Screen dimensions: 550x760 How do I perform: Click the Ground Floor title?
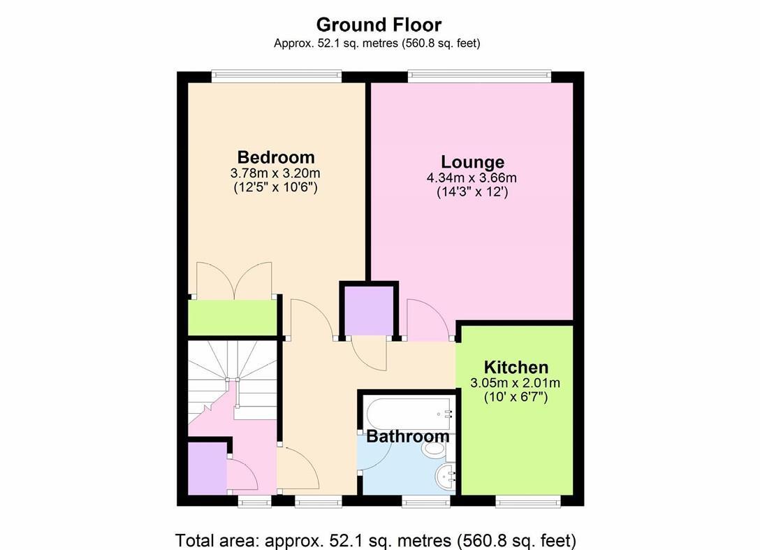click(379, 24)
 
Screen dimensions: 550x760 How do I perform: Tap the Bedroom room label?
click(275, 157)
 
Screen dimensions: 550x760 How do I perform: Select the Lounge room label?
click(472, 162)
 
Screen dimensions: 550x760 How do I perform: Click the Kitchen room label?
click(516, 367)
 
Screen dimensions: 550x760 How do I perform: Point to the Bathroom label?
click(408, 437)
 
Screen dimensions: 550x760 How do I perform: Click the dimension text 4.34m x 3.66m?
click(472, 178)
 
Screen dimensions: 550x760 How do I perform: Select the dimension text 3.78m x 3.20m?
click(275, 173)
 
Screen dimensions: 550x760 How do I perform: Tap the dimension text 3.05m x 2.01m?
click(516, 383)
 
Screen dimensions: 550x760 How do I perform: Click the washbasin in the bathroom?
click(444, 479)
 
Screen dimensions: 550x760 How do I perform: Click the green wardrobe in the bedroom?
click(233, 318)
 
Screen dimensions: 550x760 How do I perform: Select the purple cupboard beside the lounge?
click(368, 310)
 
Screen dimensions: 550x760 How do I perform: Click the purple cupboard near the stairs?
click(206, 468)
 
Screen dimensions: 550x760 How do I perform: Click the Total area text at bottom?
click(376, 540)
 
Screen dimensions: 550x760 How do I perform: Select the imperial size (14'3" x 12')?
click(472, 191)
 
